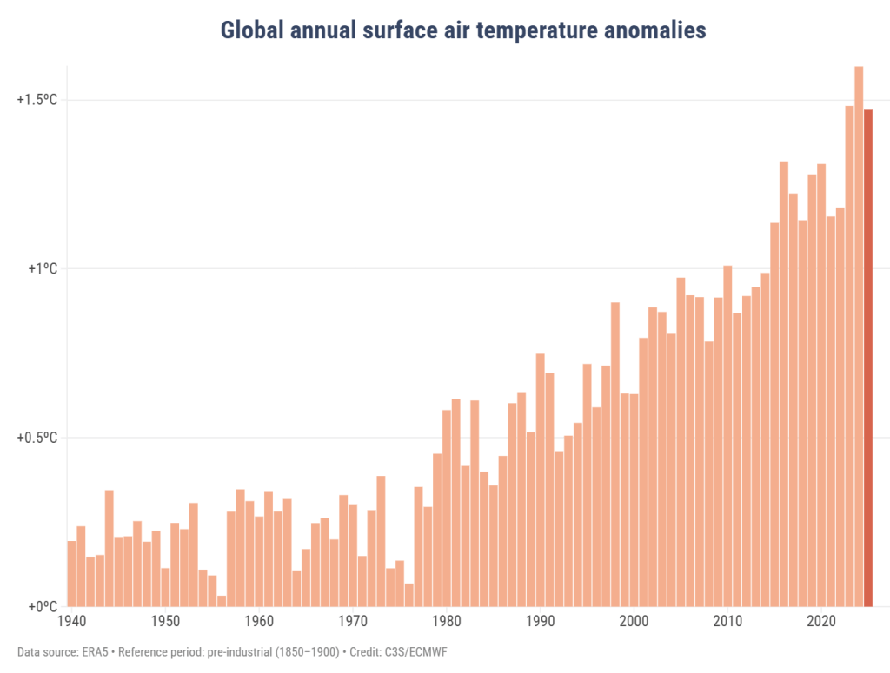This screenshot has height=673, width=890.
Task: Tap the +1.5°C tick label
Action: [37, 100]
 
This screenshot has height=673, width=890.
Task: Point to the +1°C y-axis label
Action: [41, 268]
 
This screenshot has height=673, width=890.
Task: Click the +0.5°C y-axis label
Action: [37, 438]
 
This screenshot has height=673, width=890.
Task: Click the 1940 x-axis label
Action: [71, 622]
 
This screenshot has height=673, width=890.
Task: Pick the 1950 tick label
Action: [165, 622]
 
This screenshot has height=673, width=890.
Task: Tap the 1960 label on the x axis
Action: [259, 622]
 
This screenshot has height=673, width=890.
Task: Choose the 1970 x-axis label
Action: [353, 622]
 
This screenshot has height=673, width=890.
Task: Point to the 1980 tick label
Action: [447, 622]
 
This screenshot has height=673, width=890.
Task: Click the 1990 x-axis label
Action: [541, 622]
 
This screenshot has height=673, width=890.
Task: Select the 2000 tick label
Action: [634, 622]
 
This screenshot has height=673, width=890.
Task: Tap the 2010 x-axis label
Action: [728, 622]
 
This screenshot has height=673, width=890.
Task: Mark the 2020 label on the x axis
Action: [822, 622]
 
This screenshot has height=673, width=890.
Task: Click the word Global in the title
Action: [249, 30]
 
